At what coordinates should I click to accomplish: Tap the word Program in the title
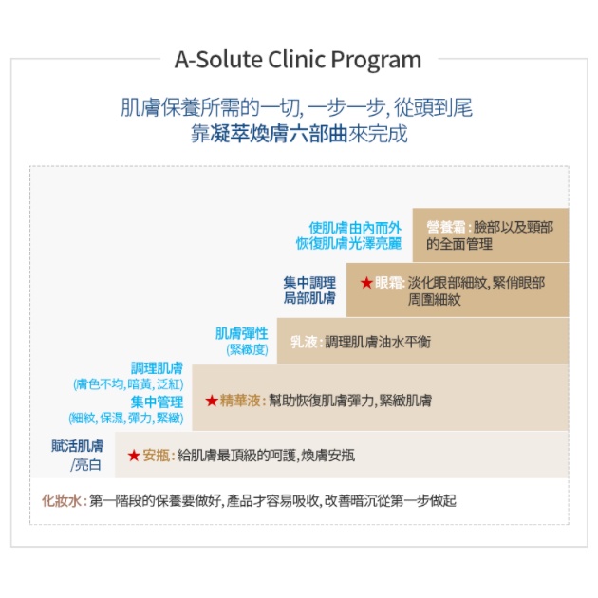pos(376,61)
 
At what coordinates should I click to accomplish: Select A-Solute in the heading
pos(219,60)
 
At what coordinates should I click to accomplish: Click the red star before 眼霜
pos(366,283)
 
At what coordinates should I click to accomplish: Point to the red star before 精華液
pos(212,401)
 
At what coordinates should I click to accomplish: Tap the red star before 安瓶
pos(134,456)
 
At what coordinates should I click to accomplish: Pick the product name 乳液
pos(304,342)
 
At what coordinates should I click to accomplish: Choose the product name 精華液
pos(240,401)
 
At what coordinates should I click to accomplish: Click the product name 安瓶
pos(157,456)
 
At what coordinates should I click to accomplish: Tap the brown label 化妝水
pos(62,501)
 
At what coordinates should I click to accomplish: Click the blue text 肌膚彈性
pos(242,334)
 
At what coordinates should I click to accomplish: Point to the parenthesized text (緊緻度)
pos(247,349)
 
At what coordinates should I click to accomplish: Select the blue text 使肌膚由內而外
pos(355,228)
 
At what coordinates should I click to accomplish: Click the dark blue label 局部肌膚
pos(309,298)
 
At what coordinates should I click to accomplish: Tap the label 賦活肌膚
pos(78,446)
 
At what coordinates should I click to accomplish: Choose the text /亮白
pos(85,465)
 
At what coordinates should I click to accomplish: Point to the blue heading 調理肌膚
pos(158,368)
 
